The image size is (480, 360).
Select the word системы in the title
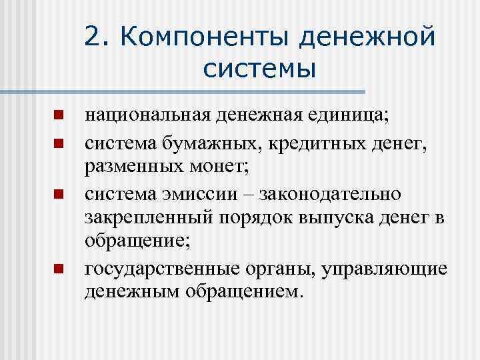click(x=256, y=67)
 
